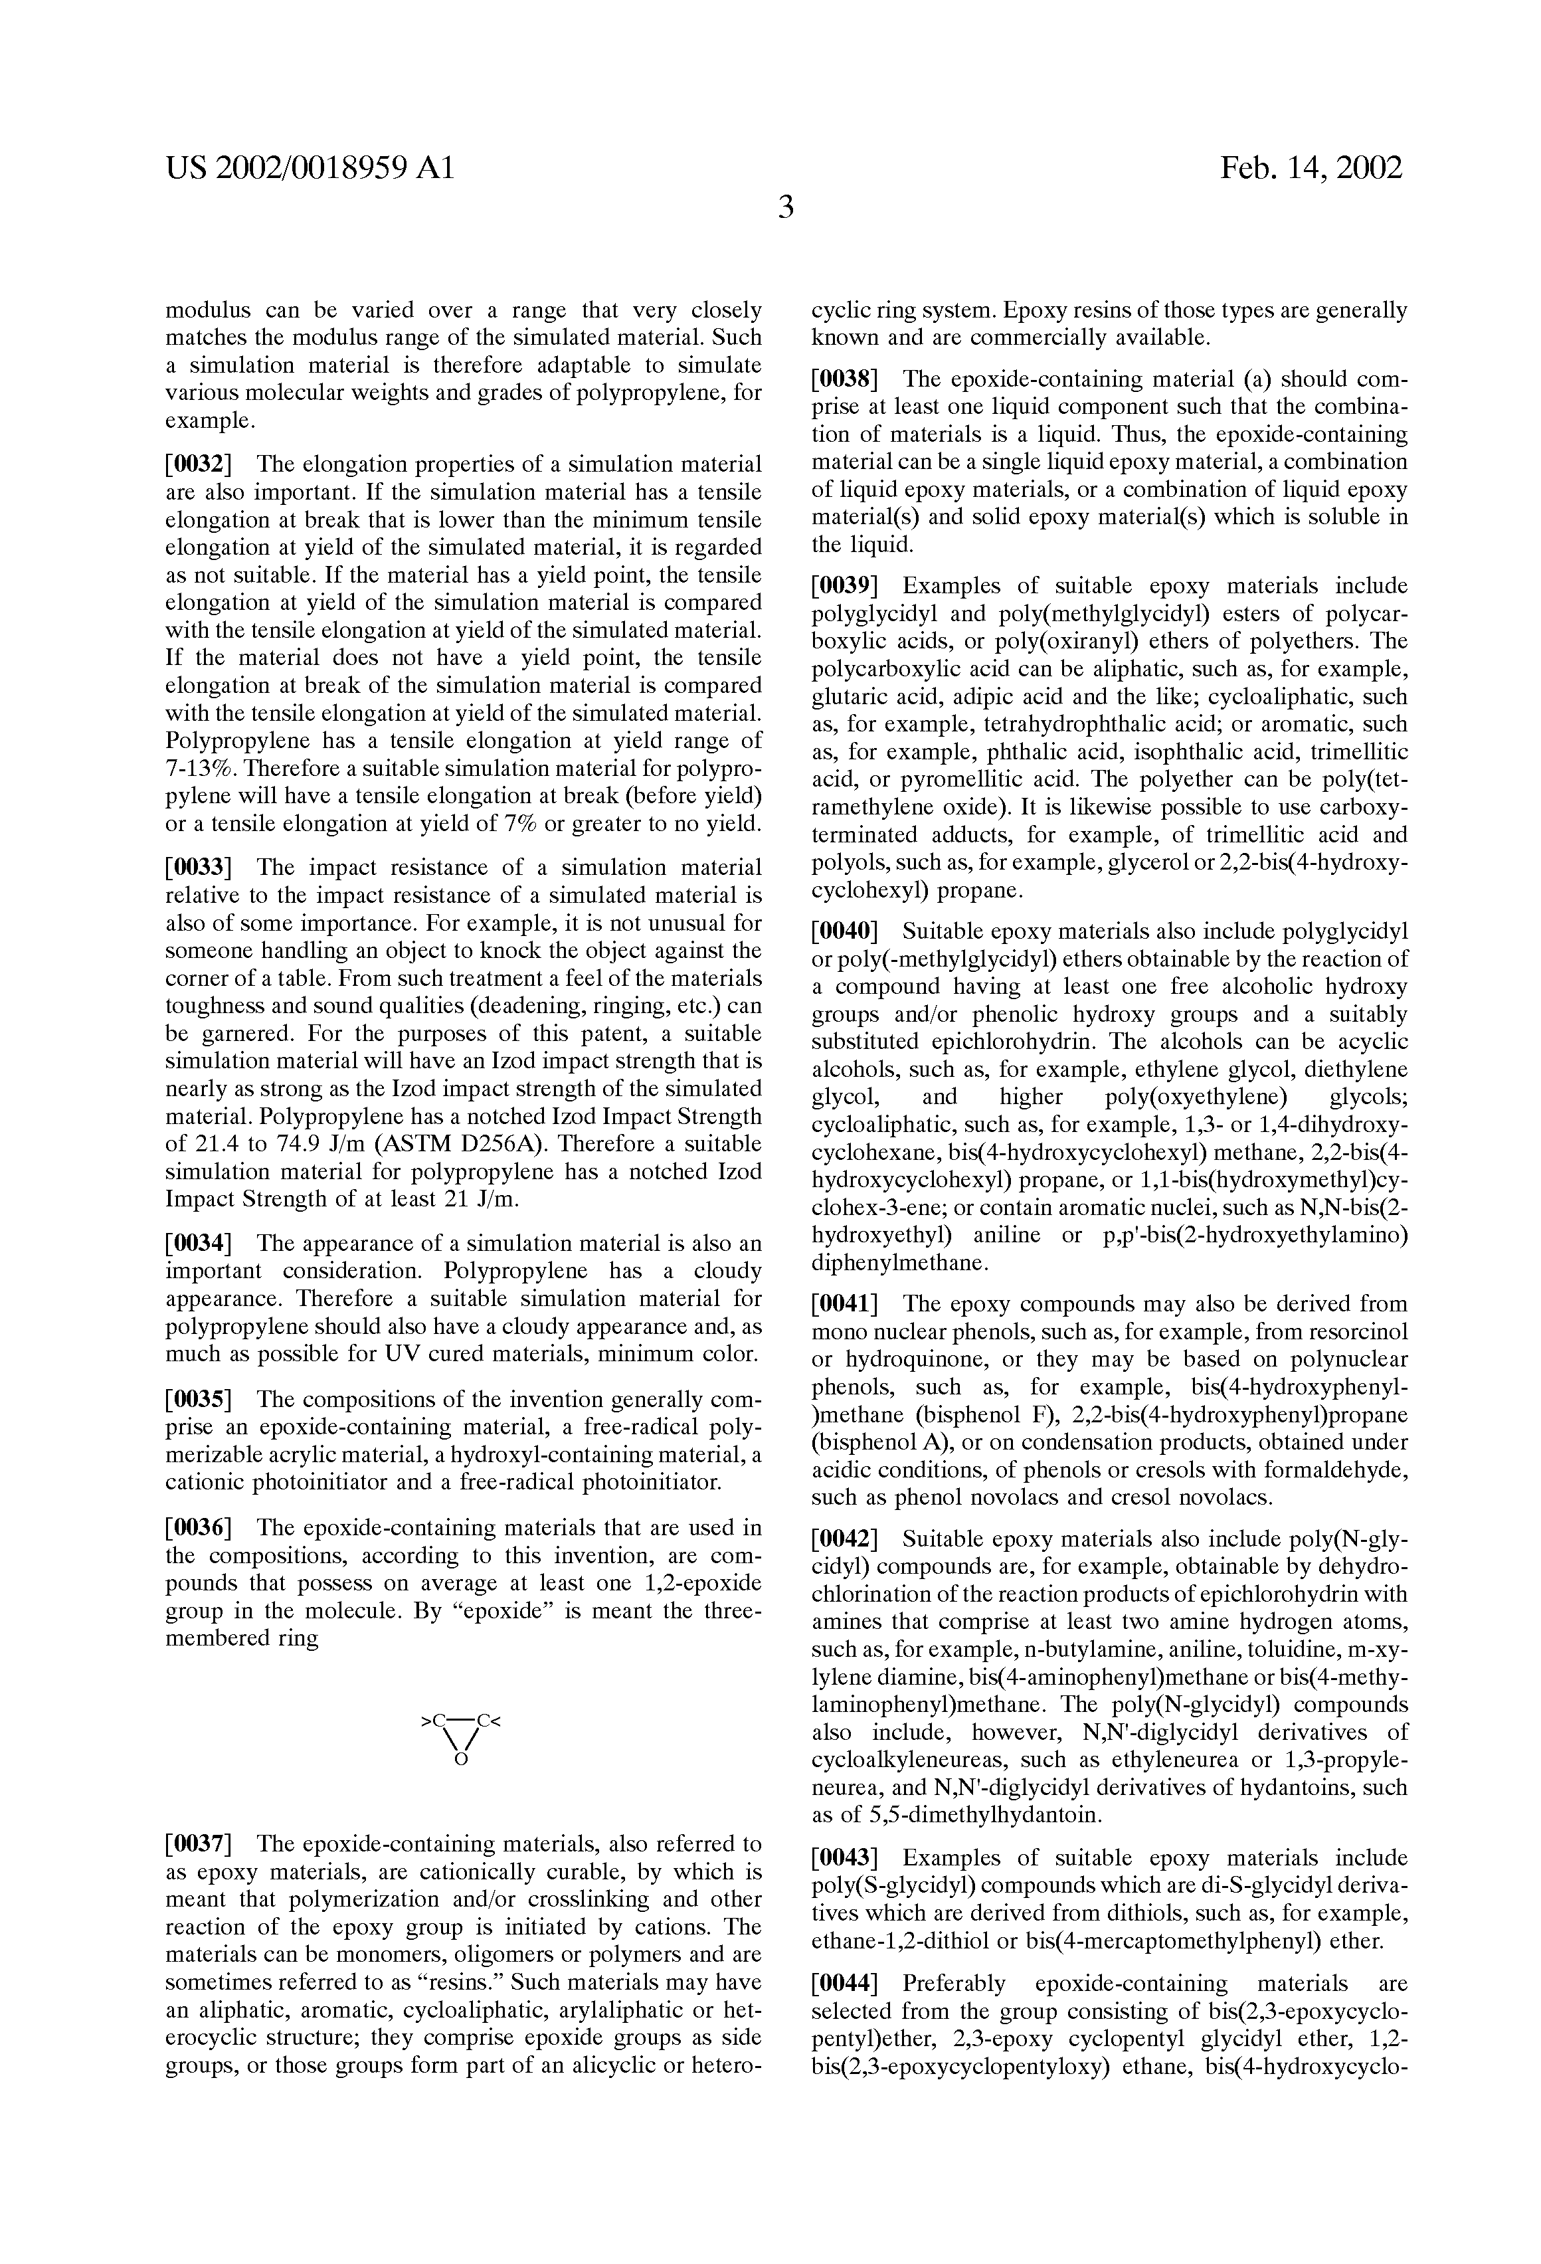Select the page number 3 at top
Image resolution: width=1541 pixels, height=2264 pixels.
pyautogui.click(x=785, y=207)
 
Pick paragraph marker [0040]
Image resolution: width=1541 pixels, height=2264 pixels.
pyautogui.click(x=844, y=932)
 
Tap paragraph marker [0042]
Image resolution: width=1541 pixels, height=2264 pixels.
pyautogui.click(x=844, y=1539)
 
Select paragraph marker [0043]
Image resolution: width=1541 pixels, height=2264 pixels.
pyautogui.click(x=844, y=1857)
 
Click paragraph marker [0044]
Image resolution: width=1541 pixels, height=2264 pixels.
pyautogui.click(x=844, y=1984)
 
